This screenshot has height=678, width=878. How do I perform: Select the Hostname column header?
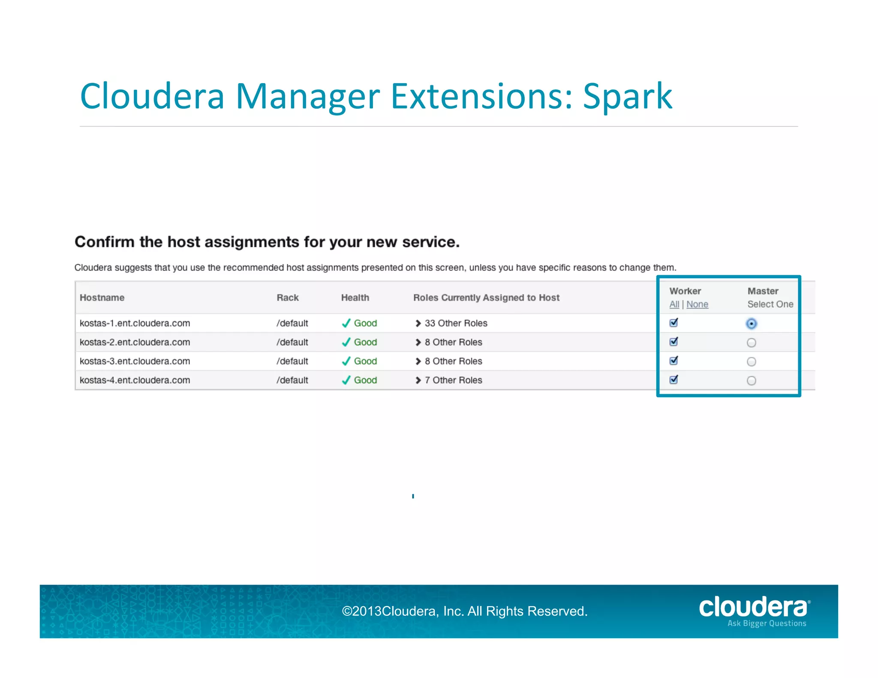pos(102,297)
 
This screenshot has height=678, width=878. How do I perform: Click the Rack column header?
pos(287,297)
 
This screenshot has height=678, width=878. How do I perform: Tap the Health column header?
pos(355,297)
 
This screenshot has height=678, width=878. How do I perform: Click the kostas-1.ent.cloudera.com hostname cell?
pos(135,323)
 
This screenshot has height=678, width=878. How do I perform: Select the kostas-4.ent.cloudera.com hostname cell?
pos(135,380)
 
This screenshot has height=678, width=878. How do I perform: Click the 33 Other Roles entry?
pos(456,323)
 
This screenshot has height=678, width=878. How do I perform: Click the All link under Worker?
pos(674,304)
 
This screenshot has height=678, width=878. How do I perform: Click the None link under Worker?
pos(697,304)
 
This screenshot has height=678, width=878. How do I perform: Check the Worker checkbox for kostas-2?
pos(674,342)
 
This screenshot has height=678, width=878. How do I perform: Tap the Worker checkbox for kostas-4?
pos(674,380)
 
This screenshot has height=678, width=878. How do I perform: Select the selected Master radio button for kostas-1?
pos(751,324)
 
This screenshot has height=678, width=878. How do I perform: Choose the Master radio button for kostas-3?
pos(751,362)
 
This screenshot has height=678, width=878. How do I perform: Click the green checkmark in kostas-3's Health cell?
pos(346,361)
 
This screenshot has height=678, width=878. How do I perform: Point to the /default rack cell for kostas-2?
pos(292,342)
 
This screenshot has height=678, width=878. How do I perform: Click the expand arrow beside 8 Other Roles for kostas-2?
pos(418,342)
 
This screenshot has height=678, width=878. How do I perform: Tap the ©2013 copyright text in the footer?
pos(464,611)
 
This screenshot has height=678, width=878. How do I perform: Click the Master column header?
pos(763,291)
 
